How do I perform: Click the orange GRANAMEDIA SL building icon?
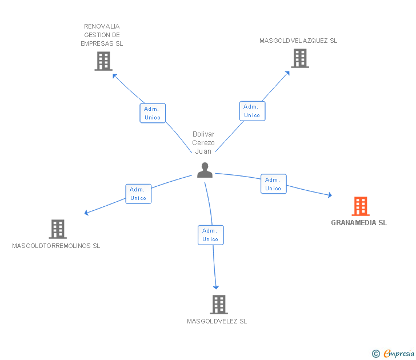[360, 206]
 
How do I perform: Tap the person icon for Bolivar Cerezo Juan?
[205, 170]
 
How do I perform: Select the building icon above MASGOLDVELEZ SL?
[218, 305]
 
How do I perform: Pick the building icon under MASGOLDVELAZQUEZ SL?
[299, 58]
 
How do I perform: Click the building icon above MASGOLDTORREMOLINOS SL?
[58, 229]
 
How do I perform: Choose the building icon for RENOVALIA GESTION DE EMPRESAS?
[103, 61]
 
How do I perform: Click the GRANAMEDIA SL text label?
[359, 223]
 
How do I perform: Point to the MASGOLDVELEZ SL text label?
[217, 321]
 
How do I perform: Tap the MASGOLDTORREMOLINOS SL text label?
[56, 246]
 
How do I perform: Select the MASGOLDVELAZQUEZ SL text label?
[298, 41]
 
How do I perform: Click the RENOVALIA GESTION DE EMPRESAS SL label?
[102, 35]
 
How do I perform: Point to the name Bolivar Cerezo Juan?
[203, 143]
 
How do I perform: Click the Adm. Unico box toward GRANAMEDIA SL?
[273, 184]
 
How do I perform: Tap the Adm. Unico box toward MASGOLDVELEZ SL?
[210, 235]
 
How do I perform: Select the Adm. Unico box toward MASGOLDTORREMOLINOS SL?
[138, 194]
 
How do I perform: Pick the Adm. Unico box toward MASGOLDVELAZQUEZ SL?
[252, 111]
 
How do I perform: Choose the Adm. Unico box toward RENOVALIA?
[153, 113]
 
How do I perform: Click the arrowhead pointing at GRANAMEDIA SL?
[330, 195]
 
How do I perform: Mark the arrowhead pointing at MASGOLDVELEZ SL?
[216, 287]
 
